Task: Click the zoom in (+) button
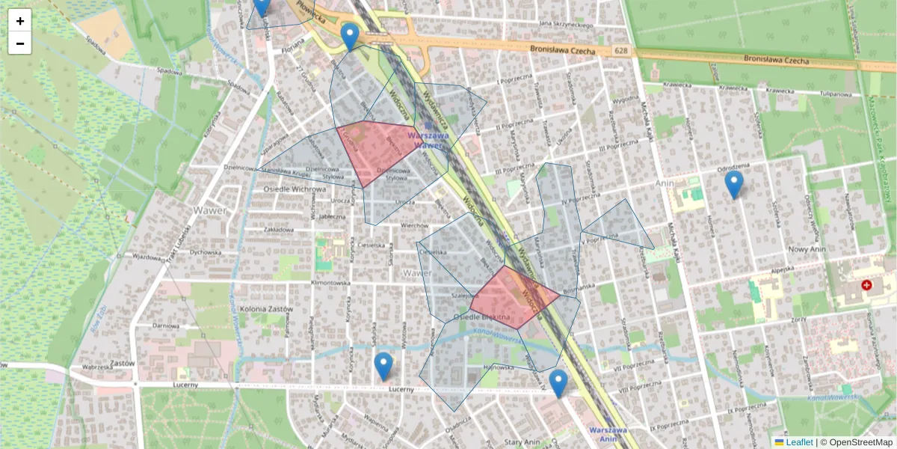(20, 21)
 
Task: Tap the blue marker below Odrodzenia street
(734, 184)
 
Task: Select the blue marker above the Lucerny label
(383, 366)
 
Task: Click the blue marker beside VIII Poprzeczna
(558, 383)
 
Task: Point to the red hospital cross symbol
(866, 285)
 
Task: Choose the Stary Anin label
(521, 442)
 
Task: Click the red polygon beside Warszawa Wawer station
(376, 151)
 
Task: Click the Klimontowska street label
(330, 284)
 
